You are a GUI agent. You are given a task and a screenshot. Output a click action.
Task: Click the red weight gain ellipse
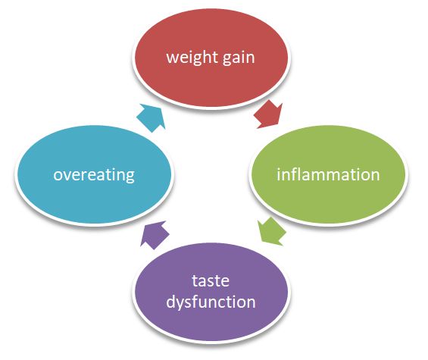pos(211,58)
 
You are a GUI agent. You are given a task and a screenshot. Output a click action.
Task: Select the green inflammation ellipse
pos(327,174)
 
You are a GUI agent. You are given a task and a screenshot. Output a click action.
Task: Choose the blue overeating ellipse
pos(94,174)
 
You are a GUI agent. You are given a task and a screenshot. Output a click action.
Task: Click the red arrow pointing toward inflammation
pos(267,114)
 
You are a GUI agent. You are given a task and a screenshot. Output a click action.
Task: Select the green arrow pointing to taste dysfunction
pos(272,231)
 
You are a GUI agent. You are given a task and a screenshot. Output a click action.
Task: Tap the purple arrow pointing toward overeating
pos(154,234)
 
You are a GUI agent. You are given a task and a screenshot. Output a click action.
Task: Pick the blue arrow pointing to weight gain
pos(151,117)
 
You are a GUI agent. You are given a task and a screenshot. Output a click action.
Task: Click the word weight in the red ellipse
pos(191,58)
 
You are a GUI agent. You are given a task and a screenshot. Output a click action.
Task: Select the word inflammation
pos(328,174)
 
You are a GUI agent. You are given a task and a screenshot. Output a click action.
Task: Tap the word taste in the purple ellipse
pos(211,280)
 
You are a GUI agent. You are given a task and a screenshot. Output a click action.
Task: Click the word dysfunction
pos(211,302)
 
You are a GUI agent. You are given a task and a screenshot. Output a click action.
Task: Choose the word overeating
pos(94,175)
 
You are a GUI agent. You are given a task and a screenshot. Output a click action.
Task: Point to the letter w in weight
pos(172,58)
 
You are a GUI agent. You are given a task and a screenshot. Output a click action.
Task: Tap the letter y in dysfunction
pos(180,305)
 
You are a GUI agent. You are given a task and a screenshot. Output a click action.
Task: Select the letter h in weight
pos(205,57)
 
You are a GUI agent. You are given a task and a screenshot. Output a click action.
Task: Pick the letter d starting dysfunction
pos(170,302)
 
